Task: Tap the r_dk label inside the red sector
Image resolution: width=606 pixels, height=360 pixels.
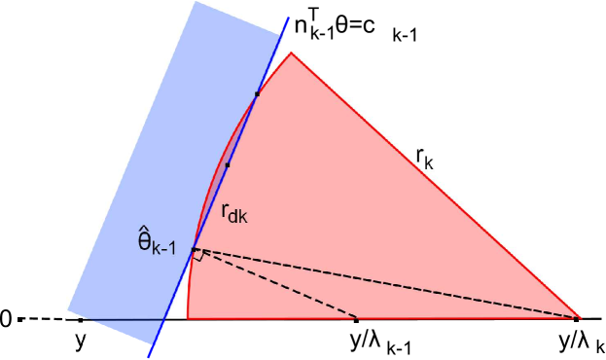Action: (233, 213)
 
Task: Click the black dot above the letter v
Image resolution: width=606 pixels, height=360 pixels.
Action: (81, 319)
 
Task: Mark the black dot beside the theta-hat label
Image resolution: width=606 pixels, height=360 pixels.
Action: (193, 250)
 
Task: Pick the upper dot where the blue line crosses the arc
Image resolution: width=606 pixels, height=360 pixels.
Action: (257, 93)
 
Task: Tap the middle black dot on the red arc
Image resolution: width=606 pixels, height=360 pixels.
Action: (227, 165)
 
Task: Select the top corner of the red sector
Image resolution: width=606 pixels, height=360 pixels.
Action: (291, 53)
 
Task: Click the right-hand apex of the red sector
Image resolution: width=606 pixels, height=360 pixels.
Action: (580, 318)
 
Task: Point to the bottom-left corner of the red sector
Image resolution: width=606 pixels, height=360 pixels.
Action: (188, 318)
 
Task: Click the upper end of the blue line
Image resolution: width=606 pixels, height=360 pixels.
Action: (289, 18)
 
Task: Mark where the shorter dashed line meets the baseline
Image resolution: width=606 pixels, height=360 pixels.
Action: (358, 318)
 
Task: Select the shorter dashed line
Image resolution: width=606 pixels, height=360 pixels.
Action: (277, 284)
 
